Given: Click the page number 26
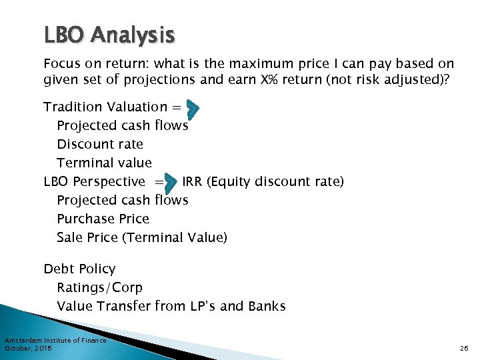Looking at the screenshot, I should click(x=465, y=348).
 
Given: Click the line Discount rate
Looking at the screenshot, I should click(x=100, y=144).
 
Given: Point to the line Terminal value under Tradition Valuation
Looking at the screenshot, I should click(x=104, y=163).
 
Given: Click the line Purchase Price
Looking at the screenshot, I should click(x=103, y=219).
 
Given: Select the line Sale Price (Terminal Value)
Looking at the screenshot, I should click(x=142, y=237).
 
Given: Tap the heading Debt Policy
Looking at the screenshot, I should click(x=79, y=269).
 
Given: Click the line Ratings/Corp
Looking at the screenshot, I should click(x=99, y=288).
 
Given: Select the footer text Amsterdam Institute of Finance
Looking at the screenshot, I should click(x=55, y=341).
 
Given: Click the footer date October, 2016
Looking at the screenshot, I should click(x=28, y=348).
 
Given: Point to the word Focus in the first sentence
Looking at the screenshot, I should click(x=61, y=64).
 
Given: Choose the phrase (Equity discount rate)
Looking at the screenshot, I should click(x=275, y=181).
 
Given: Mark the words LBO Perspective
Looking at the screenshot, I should click(x=94, y=181).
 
